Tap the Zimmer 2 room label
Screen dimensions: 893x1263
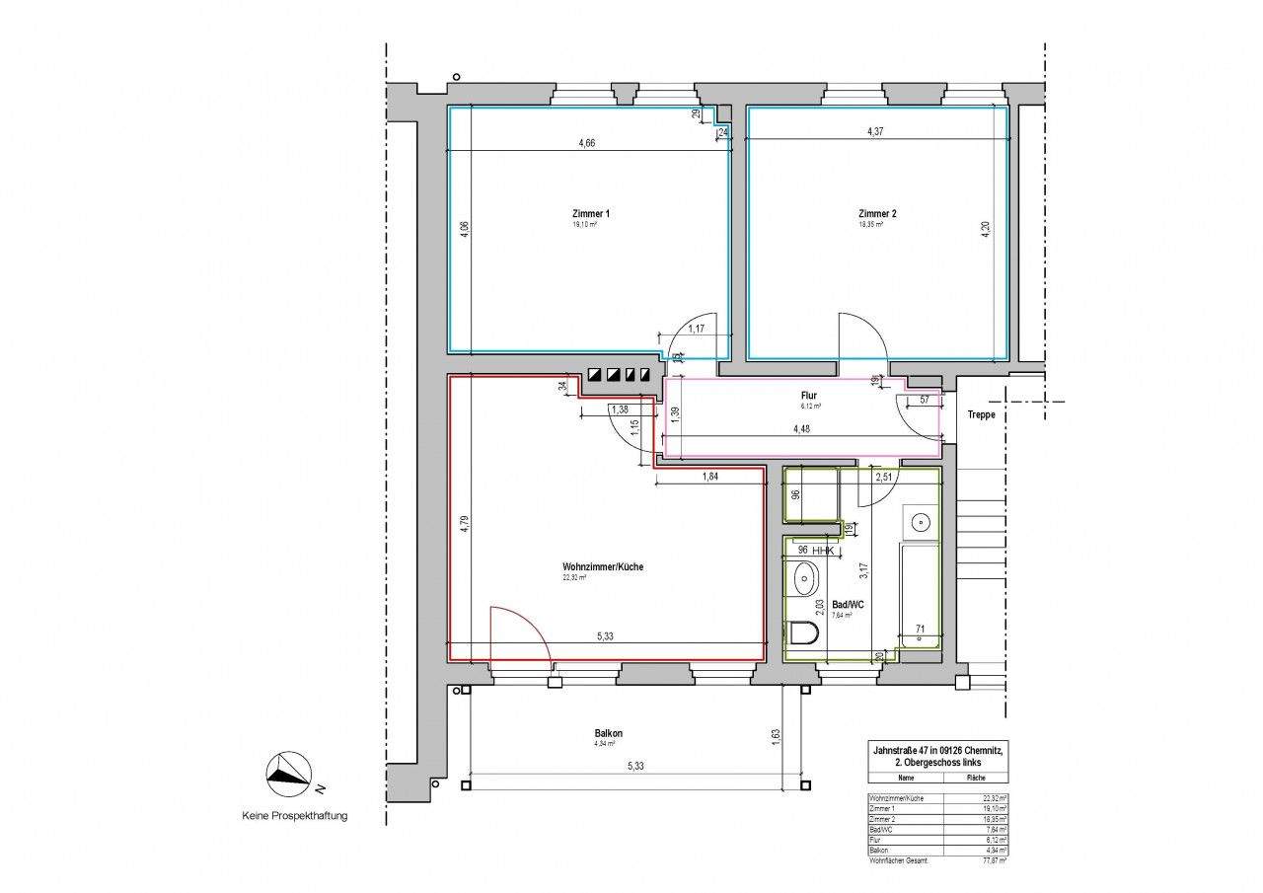coord(877,213)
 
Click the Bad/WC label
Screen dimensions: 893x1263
coord(848,604)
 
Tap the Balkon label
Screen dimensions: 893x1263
coord(608,734)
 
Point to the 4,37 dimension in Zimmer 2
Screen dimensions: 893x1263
coord(875,131)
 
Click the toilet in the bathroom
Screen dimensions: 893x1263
coord(805,633)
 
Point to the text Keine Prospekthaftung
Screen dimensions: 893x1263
coord(294,816)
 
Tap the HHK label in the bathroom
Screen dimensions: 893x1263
coord(824,551)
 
